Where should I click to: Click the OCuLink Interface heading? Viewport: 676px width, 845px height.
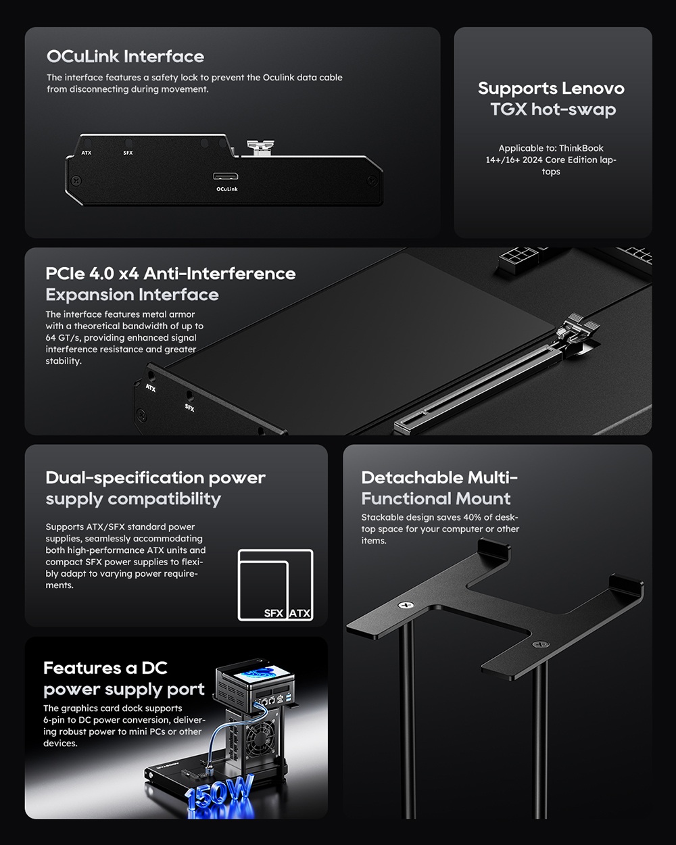(x=125, y=57)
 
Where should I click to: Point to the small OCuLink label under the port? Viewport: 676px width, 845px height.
(x=226, y=189)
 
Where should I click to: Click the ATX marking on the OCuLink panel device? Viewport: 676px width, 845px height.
(x=87, y=153)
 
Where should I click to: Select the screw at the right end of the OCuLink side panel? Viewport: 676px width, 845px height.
(x=371, y=180)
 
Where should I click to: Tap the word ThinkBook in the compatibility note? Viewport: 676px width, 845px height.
(x=581, y=148)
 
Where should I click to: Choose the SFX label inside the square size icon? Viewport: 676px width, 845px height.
(x=273, y=613)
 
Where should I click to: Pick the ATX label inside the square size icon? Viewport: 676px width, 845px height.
(x=299, y=613)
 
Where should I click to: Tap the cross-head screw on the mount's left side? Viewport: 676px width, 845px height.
(x=406, y=606)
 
